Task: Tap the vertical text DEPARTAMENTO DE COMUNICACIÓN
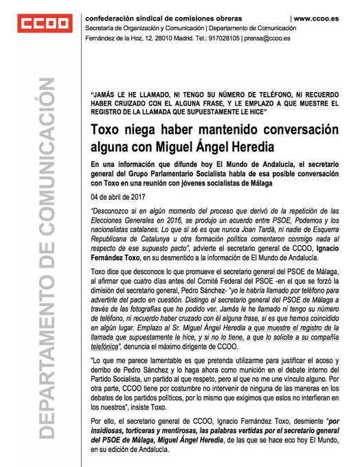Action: pos(47,275)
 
